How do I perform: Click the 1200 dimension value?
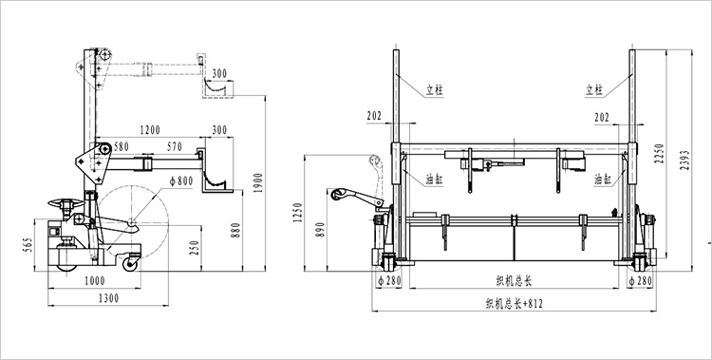coord(150,130)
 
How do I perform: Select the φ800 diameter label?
coord(181,180)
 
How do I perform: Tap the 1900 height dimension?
coord(258,182)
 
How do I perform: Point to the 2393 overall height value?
coord(684,160)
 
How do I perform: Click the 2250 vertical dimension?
coord(660,154)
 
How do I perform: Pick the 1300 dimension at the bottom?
coord(108,298)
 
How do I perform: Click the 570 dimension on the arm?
coord(174,146)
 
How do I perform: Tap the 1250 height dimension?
coord(297,212)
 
